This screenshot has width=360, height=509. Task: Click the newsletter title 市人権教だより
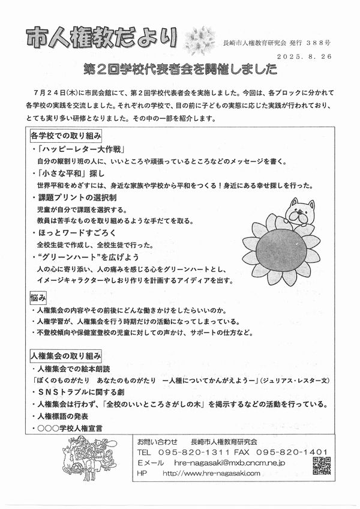point(101,38)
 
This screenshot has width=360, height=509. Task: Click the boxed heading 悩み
point(37,298)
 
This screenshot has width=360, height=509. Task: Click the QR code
point(322,465)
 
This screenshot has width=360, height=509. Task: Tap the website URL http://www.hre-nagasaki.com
point(211,473)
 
